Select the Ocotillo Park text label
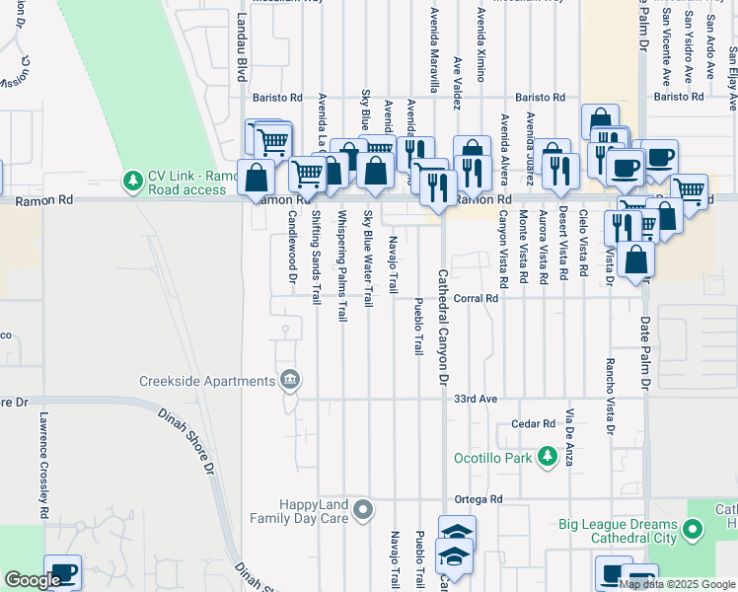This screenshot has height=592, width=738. pos(492,458)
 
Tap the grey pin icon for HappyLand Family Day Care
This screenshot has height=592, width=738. pos(364,509)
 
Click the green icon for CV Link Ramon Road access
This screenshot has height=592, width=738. pos(131,182)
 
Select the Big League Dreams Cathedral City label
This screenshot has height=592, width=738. pos(619,531)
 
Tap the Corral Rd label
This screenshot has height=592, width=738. pos(474,297)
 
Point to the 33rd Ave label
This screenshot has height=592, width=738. pos(474,399)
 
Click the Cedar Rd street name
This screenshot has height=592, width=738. pos(534,423)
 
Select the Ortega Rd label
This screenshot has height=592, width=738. pos(479,499)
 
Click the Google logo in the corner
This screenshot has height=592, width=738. pos(32,580)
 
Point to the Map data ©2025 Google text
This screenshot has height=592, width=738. pos(677,584)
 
